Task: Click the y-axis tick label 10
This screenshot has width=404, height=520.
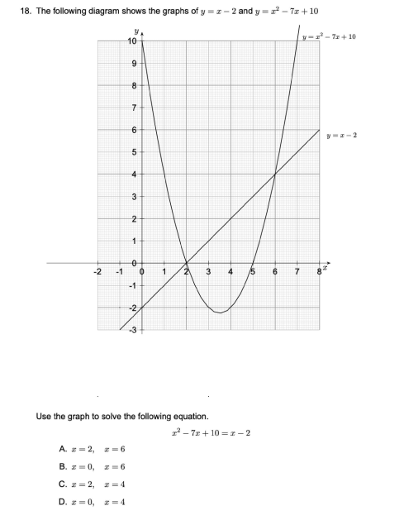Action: tap(131, 41)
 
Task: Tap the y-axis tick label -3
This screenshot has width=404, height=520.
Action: tap(131, 329)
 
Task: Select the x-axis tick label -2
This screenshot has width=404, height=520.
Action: tap(97, 272)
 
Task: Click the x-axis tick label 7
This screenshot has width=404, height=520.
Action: tap(297, 272)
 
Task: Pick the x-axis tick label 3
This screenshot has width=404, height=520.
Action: tap(208, 272)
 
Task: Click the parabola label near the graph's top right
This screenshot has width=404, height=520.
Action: tap(330, 38)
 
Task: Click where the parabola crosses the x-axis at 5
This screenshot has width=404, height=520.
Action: tap(252, 263)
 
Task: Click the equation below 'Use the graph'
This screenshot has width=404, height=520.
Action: tap(210, 432)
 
